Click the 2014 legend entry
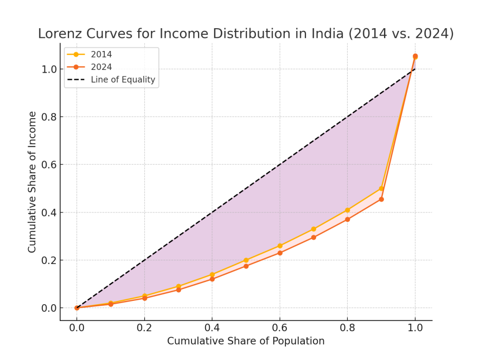click(x=101, y=54)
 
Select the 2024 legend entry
click(x=101, y=67)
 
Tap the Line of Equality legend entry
click(x=123, y=80)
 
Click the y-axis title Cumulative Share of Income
click(x=33, y=182)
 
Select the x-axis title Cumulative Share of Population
click(x=246, y=341)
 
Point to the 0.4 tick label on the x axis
click(x=212, y=327)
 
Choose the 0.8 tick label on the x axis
click(x=348, y=327)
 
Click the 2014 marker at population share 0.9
click(x=381, y=189)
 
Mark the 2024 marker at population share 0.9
click(x=381, y=200)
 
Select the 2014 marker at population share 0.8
click(x=348, y=210)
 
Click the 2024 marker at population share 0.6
click(x=280, y=253)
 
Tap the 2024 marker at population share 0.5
click(x=246, y=266)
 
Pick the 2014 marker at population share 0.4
click(x=212, y=274)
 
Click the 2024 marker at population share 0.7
click(x=313, y=237)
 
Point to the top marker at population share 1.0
click(x=415, y=56)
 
